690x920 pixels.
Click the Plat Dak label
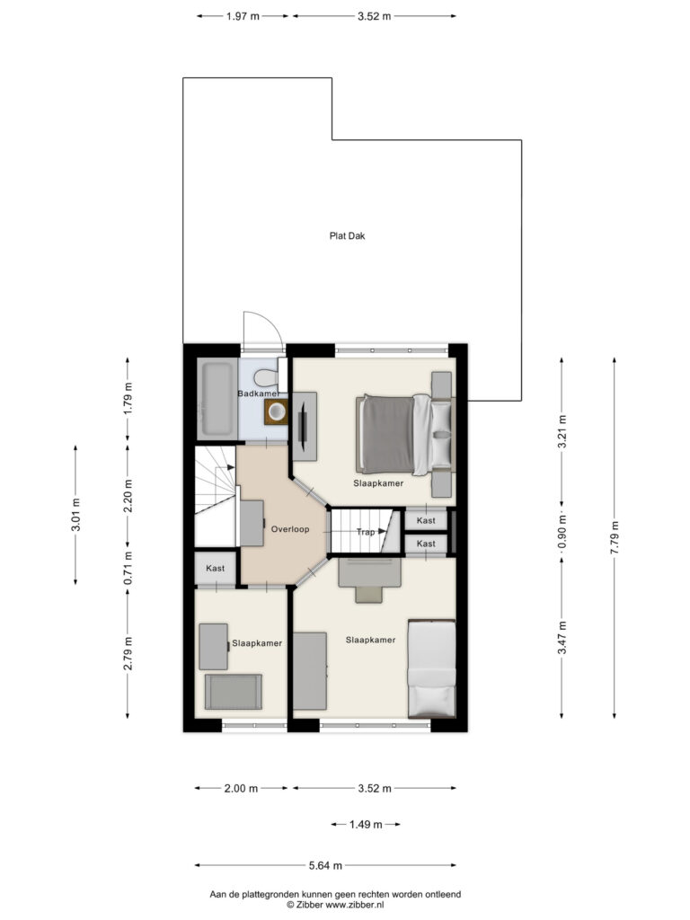coord(348,236)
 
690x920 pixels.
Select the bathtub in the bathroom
coord(217,399)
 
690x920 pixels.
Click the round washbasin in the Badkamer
coord(276,411)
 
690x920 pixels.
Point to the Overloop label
coord(290,529)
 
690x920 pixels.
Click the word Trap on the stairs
coord(365,532)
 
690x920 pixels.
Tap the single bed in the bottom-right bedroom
coord(432,668)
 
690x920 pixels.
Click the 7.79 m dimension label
coord(615,537)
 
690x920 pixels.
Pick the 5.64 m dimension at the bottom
coord(325,865)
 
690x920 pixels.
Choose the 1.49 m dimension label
coord(366,825)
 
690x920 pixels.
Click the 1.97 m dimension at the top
coord(243,16)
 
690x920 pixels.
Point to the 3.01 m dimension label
coord(75,515)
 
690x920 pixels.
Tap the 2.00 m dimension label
coord(241,789)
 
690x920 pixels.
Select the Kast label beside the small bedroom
coord(216,569)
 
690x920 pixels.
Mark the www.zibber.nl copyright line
coord(335,905)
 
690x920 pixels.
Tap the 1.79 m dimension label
coord(128,399)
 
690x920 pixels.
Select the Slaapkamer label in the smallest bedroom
coord(257,643)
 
